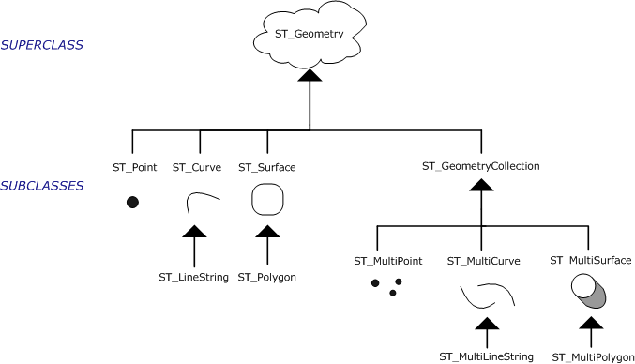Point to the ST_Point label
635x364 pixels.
click(x=131, y=167)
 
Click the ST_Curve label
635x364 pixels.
click(x=197, y=167)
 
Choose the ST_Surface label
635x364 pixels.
click(x=267, y=167)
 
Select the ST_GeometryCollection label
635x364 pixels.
click(x=481, y=166)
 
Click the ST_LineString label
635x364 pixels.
click(x=193, y=278)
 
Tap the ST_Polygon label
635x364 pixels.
click(x=267, y=278)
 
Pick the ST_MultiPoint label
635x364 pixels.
click(x=386, y=260)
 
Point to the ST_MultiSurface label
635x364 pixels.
click(x=591, y=259)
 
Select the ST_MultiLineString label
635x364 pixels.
click(x=487, y=356)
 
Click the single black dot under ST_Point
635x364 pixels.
click(x=132, y=202)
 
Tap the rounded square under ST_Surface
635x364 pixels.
click(x=267, y=200)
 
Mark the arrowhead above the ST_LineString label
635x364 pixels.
click(x=193, y=232)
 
